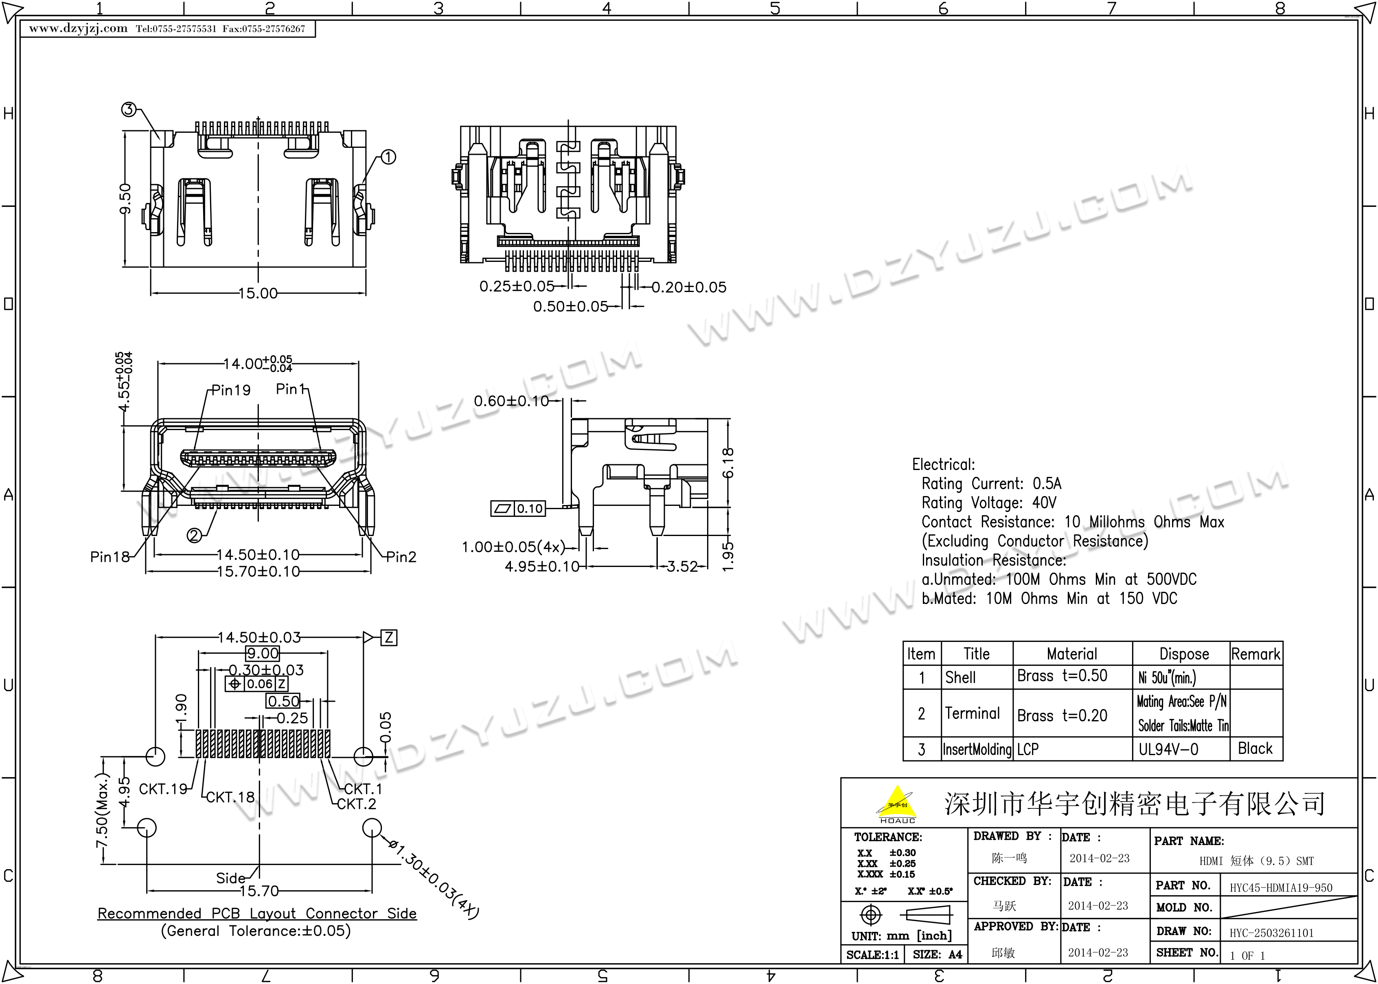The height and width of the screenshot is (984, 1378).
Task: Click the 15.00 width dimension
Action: click(258, 293)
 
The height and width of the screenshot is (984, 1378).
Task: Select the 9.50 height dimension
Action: click(125, 199)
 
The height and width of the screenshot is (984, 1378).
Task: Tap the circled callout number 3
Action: click(128, 110)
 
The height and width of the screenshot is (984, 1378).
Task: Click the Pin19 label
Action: click(231, 390)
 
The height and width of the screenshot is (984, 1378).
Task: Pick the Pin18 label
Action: click(110, 556)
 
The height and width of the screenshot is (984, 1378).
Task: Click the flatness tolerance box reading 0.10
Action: click(518, 508)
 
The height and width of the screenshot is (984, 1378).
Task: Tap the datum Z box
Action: click(389, 637)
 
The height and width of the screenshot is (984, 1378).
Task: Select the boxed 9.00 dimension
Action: click(262, 653)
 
